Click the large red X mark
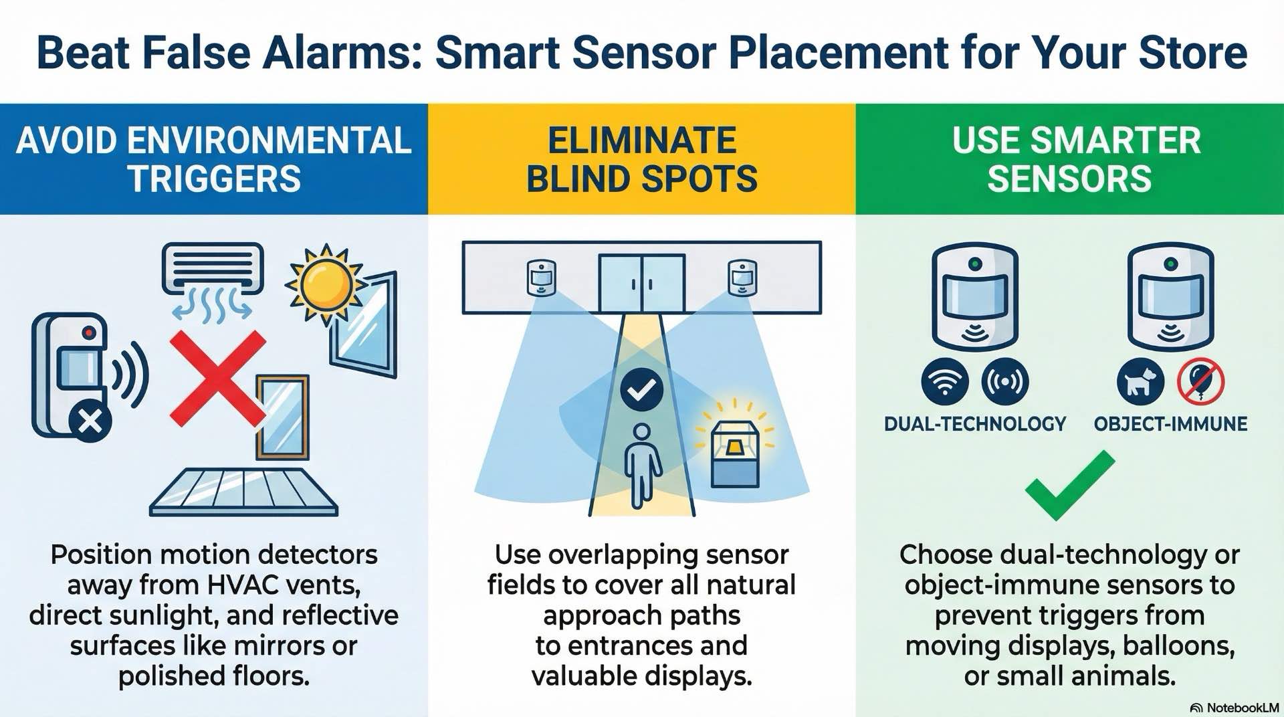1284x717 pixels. pyautogui.click(x=217, y=379)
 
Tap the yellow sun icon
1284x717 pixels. pyautogui.click(x=326, y=284)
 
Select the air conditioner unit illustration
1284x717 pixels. pyautogui.click(x=213, y=270)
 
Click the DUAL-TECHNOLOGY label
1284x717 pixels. pyautogui.click(x=974, y=424)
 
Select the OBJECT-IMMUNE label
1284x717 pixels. pyautogui.click(x=1170, y=424)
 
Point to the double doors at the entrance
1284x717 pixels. pyautogui.click(x=641, y=283)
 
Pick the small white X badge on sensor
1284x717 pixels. pyautogui.click(x=91, y=422)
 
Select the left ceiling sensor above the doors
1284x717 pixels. pyautogui.click(x=541, y=278)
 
